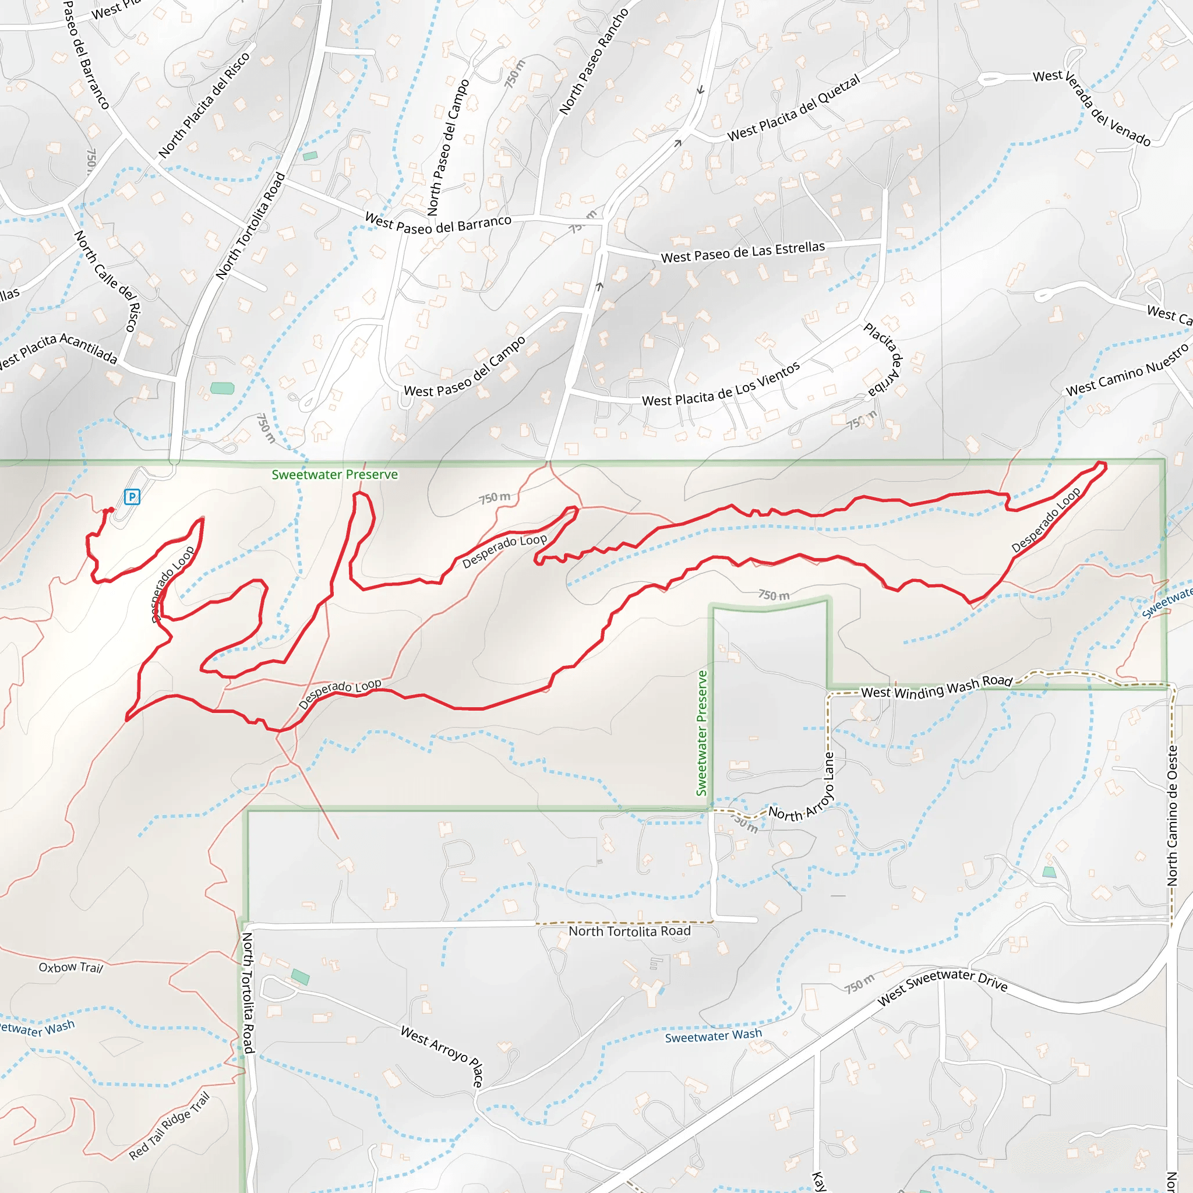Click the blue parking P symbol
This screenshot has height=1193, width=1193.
132,496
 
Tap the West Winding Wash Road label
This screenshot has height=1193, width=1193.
936,687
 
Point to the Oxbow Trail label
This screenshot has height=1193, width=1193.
70,968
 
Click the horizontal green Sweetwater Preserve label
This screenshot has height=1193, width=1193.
335,474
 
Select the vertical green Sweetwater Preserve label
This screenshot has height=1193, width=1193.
701,733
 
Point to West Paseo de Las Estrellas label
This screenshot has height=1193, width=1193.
743,252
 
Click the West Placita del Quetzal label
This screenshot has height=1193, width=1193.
793,108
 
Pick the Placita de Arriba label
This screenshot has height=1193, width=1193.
884,359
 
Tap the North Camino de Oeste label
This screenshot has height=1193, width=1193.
1172,815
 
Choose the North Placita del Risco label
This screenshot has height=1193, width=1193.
204,105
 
